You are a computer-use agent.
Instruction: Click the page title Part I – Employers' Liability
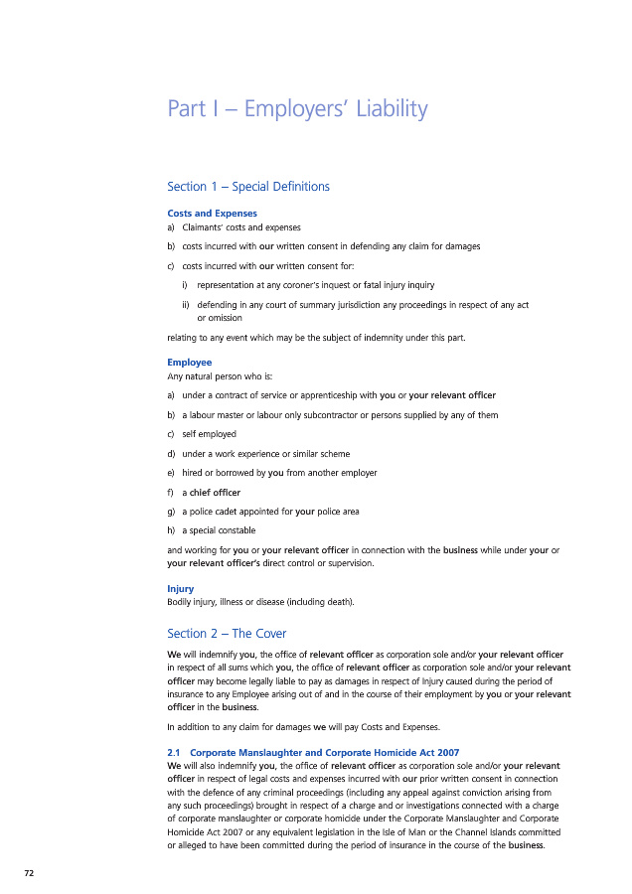click(x=298, y=109)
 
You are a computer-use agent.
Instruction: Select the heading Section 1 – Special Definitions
click(x=248, y=187)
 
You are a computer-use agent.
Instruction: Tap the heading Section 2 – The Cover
click(x=228, y=634)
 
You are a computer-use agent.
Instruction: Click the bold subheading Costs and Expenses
click(x=213, y=214)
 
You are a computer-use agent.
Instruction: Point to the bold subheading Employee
click(x=190, y=363)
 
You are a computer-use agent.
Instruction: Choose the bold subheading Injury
click(x=181, y=589)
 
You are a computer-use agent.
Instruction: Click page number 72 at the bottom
click(x=30, y=872)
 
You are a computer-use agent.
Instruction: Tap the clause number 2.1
click(x=174, y=751)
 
